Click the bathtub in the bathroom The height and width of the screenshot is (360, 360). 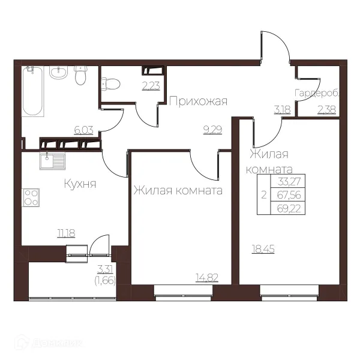(x=32, y=91)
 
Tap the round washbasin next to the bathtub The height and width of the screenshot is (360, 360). (x=59, y=73)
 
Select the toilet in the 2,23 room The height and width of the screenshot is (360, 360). (x=110, y=84)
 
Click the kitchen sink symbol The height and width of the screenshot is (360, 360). (x=52, y=161)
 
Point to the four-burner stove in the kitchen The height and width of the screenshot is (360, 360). (x=31, y=197)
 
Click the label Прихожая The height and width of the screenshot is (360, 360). (x=199, y=101)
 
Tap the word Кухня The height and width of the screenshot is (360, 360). (x=80, y=184)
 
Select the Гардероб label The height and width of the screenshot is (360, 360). (x=317, y=94)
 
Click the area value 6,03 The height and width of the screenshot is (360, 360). (x=83, y=130)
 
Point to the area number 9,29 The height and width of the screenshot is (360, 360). (x=213, y=130)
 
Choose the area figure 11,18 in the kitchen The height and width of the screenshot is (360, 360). (x=66, y=233)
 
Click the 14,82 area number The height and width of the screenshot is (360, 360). (x=207, y=278)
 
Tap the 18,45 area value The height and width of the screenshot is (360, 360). (x=263, y=249)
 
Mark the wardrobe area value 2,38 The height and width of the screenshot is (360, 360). (x=327, y=110)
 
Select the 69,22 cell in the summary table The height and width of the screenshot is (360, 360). (x=289, y=209)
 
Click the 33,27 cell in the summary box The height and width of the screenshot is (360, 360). (x=289, y=181)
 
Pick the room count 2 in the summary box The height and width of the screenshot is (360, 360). (x=264, y=195)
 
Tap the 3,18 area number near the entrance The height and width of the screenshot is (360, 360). (x=283, y=110)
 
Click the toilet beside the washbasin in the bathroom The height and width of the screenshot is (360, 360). (x=80, y=75)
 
